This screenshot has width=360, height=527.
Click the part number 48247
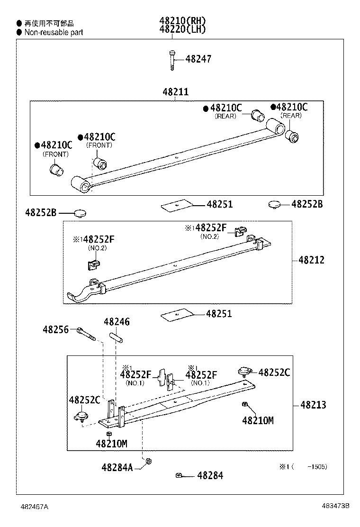pos(198,59)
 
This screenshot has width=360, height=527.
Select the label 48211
pos(175,92)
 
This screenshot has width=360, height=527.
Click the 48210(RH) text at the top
pos(182,21)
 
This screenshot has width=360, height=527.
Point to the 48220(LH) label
pos(182,29)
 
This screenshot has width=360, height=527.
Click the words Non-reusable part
pos(54,32)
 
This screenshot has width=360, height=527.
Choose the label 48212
pos(311,260)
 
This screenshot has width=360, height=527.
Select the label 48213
pos(313,405)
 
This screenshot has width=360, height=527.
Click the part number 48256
pos(55,329)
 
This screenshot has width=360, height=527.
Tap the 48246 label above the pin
pos(117,322)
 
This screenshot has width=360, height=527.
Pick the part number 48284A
pos(117,467)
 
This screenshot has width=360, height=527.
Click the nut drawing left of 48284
pos(179,475)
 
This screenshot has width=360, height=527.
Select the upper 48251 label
pos(219,205)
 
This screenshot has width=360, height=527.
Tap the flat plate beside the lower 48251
pos(178,314)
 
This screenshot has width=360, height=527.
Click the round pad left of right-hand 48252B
pos(274,205)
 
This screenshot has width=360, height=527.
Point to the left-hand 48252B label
pos(41,213)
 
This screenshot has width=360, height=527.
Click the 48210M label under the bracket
pos(111,444)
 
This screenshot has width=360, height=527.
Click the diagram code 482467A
pos(34,506)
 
